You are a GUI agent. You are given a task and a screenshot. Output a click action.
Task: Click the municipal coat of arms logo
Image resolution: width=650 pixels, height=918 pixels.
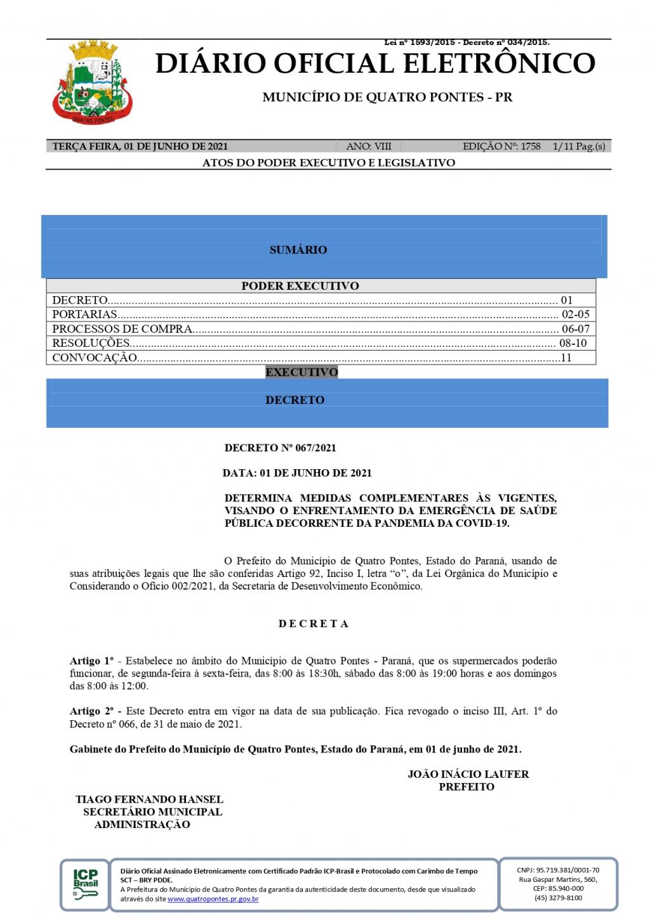[93, 82]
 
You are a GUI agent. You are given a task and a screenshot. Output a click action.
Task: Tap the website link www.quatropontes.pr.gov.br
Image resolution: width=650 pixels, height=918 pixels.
[213, 899]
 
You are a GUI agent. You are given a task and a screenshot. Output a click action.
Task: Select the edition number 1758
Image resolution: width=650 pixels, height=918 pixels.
[530, 146]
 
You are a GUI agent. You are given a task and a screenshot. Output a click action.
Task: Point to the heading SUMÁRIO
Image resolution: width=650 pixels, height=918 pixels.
[298, 250]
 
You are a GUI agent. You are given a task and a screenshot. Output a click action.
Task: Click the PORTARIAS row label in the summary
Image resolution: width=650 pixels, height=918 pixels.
[85, 314]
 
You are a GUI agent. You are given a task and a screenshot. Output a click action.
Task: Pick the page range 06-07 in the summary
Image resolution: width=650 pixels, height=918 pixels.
[576, 329]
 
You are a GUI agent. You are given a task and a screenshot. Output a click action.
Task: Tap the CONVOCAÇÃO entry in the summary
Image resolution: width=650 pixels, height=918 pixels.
[95, 358]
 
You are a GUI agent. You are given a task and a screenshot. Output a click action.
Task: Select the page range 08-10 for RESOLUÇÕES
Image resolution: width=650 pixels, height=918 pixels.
[573, 343]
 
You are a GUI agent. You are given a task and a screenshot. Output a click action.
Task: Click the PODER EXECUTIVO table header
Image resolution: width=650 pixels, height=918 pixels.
[300, 286]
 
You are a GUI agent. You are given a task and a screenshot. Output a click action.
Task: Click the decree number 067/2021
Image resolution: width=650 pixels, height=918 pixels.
[315, 448]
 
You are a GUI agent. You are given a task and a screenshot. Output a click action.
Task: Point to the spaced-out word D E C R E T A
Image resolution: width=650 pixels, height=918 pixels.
[314, 624]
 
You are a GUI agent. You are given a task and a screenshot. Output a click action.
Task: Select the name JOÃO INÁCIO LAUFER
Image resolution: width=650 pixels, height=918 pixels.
[468, 774]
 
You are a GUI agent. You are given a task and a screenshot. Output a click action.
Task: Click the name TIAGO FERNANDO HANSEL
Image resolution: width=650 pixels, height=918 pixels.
[149, 799]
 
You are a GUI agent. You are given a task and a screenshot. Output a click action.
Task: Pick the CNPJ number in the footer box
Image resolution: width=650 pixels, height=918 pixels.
[558, 870]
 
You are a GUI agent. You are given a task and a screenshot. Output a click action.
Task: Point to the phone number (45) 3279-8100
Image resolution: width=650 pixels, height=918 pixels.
[558, 898]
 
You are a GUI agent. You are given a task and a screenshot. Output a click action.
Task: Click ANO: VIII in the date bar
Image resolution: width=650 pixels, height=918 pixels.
[369, 146]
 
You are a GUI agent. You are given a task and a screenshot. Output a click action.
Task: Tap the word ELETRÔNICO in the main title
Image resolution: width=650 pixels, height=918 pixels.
[496, 63]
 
